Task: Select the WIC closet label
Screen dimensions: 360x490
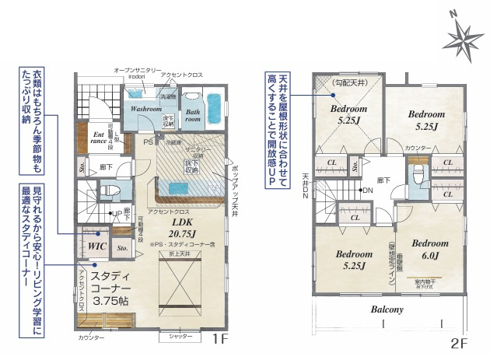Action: point(96,245)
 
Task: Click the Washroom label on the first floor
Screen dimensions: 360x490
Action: point(145,110)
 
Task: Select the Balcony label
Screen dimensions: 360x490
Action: point(386,309)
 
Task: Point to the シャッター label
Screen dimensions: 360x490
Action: point(180,337)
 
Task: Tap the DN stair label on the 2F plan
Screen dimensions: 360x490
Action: point(367,190)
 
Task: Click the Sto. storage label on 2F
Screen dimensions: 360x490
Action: point(355,166)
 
